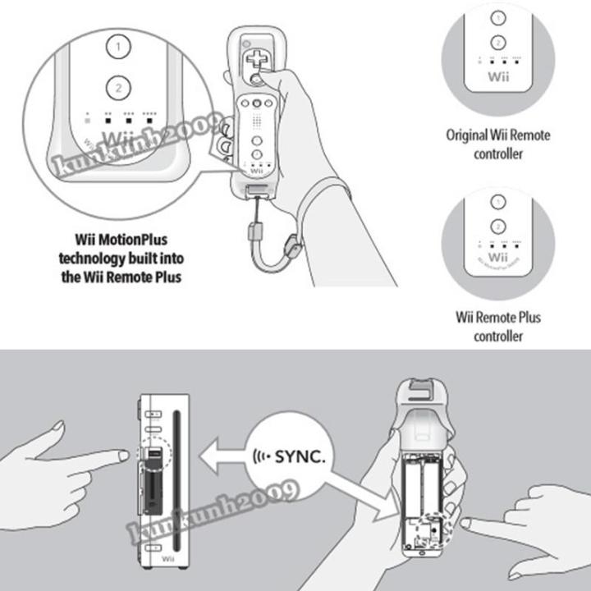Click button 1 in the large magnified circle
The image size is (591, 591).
(x=119, y=47)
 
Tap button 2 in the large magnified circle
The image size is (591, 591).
(x=119, y=86)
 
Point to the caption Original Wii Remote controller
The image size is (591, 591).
(x=497, y=144)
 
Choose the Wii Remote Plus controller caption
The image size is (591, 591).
(x=497, y=326)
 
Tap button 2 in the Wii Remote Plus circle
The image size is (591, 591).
(x=497, y=227)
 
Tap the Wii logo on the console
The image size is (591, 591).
(x=167, y=559)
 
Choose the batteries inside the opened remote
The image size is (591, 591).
(x=427, y=485)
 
